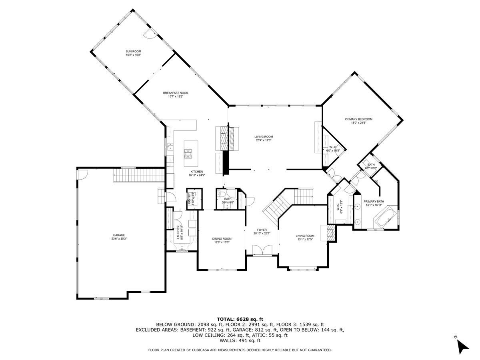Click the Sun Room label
133,52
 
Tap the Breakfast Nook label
175,93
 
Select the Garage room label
119,235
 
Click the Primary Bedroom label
358,119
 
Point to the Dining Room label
222,239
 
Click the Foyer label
262,230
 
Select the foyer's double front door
262,250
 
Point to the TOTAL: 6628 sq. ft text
240,319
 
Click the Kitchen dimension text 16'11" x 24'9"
197,175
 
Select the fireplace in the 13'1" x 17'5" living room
330,233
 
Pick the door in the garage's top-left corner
82,174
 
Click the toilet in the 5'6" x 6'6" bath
221,194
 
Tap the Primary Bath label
374,202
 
